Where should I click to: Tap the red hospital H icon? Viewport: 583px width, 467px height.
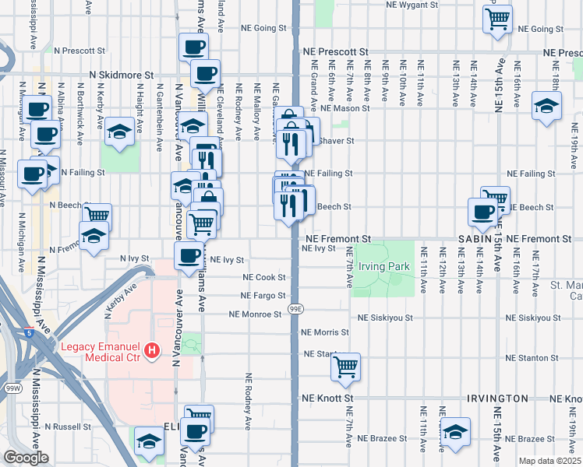[153, 352]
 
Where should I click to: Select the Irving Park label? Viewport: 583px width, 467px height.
[383, 266]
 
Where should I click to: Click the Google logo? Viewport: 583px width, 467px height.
[26, 458]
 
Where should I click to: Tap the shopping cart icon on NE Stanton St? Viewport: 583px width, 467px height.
[345, 366]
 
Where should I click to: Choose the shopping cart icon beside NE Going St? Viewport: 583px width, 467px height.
[497, 17]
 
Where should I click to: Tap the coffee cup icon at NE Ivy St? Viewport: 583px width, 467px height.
[189, 255]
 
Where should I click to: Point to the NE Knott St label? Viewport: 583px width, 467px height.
[327, 398]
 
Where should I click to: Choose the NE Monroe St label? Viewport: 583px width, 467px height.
[254, 314]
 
